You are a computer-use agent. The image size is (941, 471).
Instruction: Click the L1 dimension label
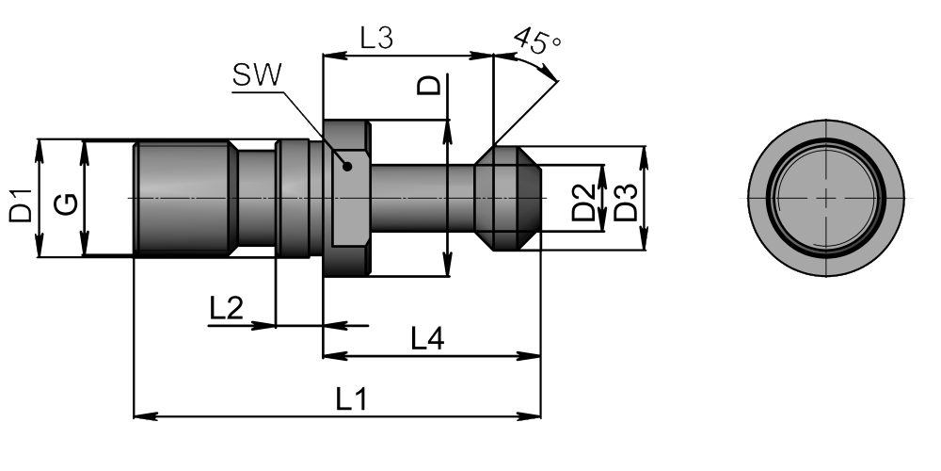pos(351,399)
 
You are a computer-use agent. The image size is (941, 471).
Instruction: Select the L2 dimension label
pos(227,309)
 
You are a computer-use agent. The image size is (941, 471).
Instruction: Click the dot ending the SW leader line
pos(348,167)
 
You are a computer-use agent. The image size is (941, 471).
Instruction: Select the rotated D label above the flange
pos(429,87)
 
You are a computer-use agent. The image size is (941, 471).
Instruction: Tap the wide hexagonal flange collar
pos(346,198)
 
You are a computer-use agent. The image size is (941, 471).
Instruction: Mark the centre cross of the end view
pos(826,198)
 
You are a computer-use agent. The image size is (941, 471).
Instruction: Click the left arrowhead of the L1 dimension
pos(141,414)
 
